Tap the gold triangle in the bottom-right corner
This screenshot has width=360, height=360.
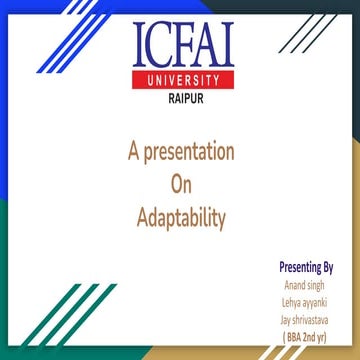coord(335,352)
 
